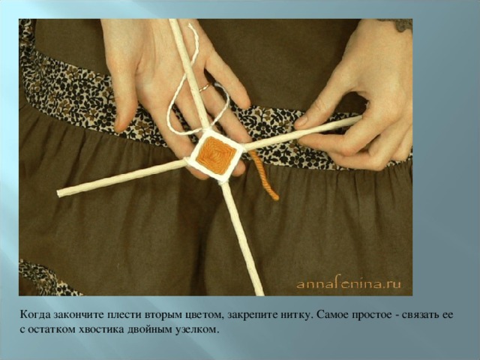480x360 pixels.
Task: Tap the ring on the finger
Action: (x=205, y=88)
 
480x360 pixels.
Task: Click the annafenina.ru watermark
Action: (x=349, y=283)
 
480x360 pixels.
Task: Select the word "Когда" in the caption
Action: (x=35, y=315)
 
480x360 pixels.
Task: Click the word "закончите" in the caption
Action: (x=79, y=315)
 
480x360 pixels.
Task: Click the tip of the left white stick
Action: (x=58, y=193)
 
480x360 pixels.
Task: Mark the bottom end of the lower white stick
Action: (x=259, y=294)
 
